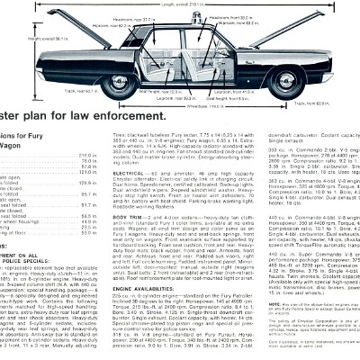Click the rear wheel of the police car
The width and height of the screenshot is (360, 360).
click(x=118, y=86)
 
